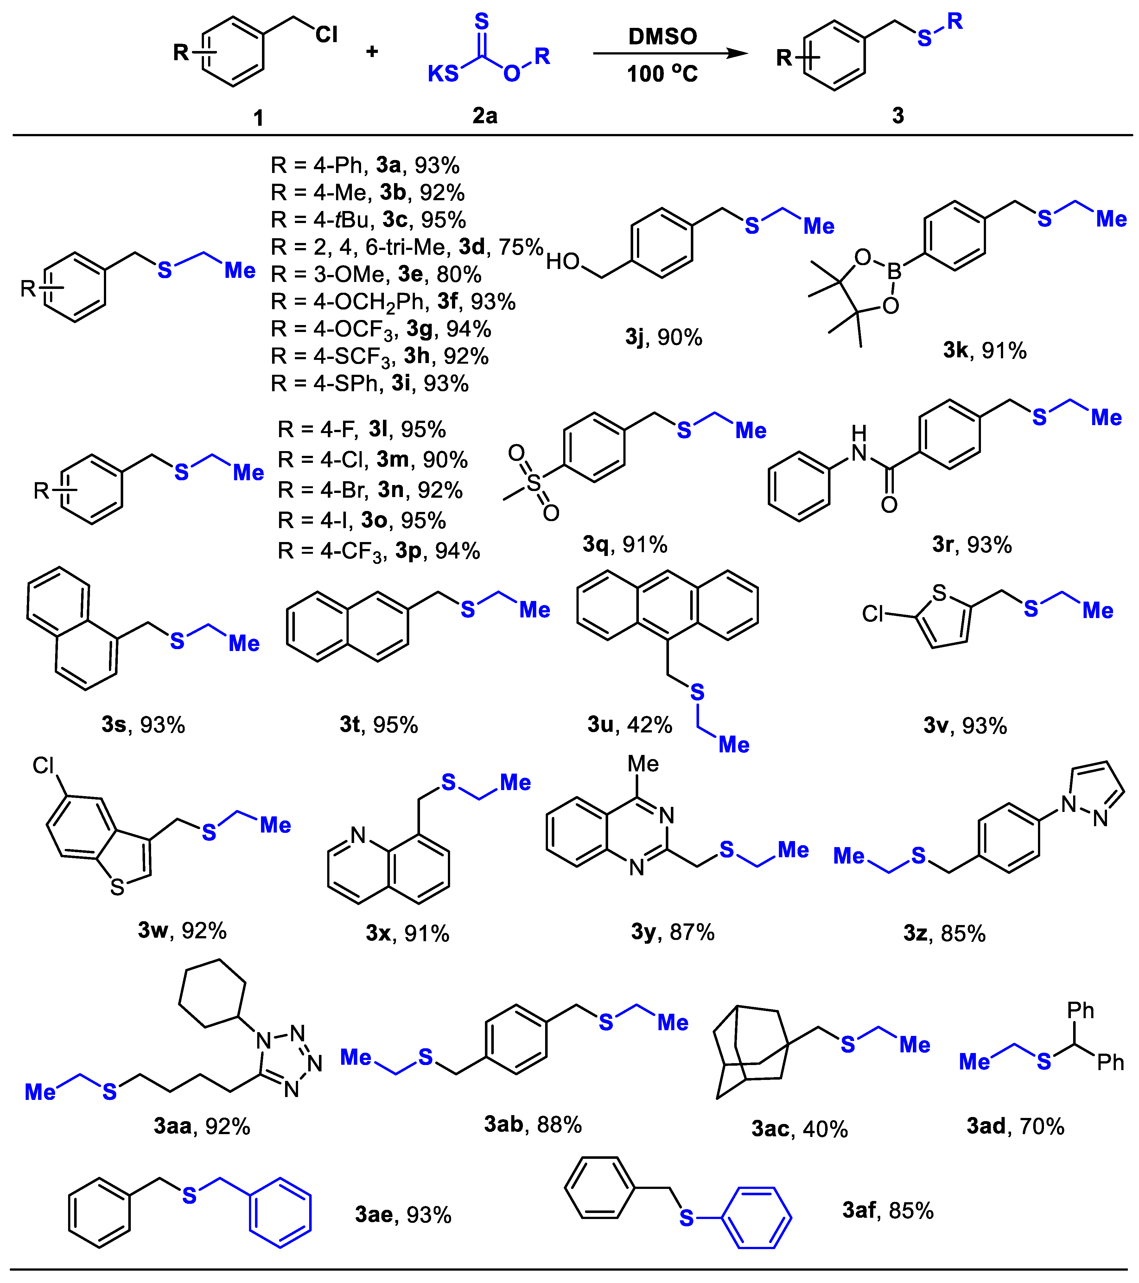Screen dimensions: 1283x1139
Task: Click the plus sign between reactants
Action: click(372, 51)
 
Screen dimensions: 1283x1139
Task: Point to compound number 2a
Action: click(485, 116)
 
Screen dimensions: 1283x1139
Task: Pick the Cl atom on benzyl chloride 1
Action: click(326, 35)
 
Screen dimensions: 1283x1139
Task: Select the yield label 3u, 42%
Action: click(629, 725)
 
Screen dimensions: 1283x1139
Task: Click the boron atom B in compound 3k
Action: click(894, 271)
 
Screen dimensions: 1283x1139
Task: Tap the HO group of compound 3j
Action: click(562, 261)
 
